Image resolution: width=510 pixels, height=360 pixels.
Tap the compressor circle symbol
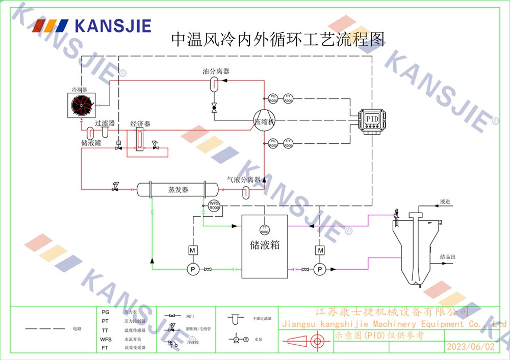264,122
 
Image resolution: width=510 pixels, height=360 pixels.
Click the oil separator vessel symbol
215,85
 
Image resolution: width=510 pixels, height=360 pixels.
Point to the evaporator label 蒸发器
178,190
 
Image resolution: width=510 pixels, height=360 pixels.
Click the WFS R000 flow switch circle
214,206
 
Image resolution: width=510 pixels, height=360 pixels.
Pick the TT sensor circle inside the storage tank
264,229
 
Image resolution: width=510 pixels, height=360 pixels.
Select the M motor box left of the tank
193,250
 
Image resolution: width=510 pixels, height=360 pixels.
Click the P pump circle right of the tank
320,269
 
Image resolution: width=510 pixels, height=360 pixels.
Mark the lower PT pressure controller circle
288,143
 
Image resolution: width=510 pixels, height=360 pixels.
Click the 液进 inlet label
445,202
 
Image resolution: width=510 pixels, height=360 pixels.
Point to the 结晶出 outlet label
447,256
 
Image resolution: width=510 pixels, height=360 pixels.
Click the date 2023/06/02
470,347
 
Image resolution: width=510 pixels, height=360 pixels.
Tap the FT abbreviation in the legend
106,348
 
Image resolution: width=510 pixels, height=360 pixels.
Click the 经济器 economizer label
140,124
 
